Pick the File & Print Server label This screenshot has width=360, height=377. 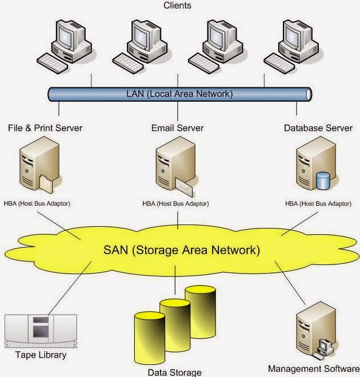coord(46,128)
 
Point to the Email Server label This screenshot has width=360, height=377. coord(177,128)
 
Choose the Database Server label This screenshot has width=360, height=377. coord(318,128)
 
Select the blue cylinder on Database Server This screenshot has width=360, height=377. coord(323,181)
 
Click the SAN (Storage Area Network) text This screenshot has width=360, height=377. coord(182,250)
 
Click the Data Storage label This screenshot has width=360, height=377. coord(174,372)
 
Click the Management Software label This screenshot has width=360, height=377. coord(313,368)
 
